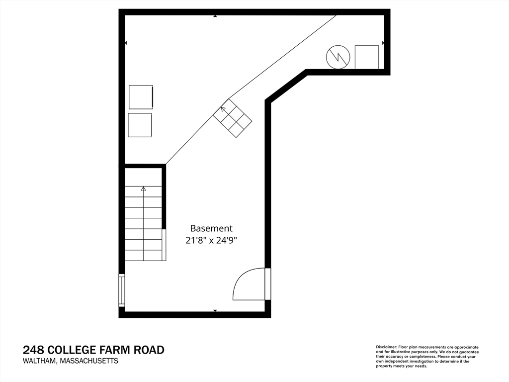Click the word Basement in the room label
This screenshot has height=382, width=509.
(211, 229)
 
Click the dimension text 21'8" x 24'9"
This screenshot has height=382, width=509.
(211, 240)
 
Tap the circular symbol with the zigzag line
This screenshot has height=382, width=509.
(338, 57)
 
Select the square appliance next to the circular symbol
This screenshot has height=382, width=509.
(367, 57)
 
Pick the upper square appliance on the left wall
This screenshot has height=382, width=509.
(141, 97)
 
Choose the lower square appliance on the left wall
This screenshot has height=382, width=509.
(140, 125)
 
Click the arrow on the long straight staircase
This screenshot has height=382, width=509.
(144, 189)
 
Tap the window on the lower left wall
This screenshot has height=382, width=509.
(121, 289)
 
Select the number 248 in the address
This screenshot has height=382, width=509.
(32, 350)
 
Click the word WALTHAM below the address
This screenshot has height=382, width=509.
(39, 362)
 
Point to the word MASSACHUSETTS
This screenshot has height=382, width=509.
(89, 362)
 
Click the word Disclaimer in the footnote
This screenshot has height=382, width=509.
(386, 347)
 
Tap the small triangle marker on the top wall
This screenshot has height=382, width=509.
(215, 16)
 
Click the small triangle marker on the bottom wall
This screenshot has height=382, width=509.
(215, 311)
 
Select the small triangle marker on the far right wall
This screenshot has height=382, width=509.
(383, 43)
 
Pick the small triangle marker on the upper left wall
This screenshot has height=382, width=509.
(126, 43)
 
